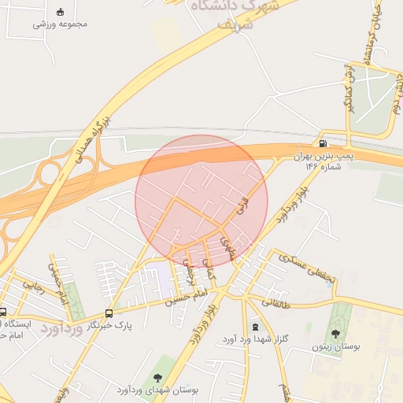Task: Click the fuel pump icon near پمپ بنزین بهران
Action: [323, 144]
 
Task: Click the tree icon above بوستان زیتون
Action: [335, 333]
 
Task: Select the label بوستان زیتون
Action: [335, 346]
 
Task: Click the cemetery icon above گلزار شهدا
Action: [254, 326]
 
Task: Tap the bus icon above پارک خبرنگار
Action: [109, 313]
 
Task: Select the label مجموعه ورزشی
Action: [60, 23]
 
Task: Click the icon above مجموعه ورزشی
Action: [61, 11]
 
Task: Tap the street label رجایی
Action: [32, 283]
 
